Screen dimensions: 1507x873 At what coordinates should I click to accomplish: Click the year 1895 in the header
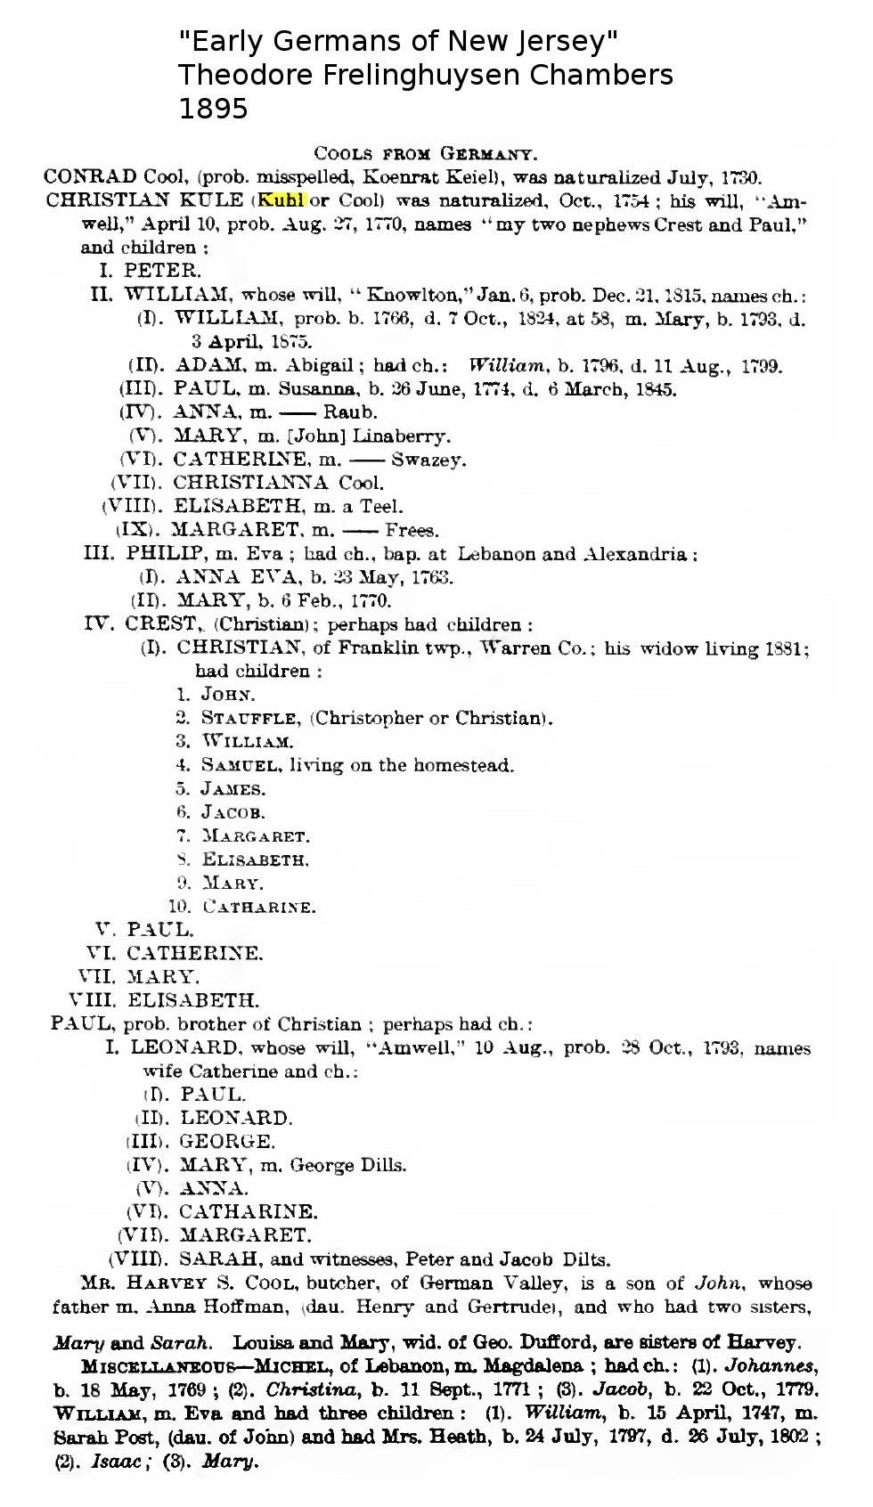(x=213, y=109)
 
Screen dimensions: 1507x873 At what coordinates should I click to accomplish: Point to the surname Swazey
(x=428, y=460)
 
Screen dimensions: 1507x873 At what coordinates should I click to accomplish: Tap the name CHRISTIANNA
(x=252, y=484)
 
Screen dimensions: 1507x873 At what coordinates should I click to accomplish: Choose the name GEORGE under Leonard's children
(x=227, y=1141)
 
